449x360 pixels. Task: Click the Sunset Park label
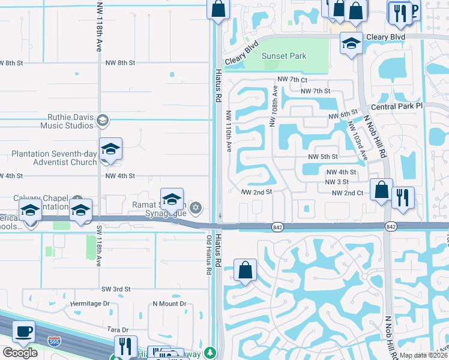click(285, 56)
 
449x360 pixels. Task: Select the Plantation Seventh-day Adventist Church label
click(54, 158)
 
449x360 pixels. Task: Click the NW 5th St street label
click(323, 157)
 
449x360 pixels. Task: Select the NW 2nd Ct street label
click(348, 193)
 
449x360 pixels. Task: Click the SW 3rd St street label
click(116, 289)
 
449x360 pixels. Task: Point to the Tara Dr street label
click(117, 330)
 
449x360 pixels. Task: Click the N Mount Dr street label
click(170, 304)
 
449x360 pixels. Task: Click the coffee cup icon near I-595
click(23, 332)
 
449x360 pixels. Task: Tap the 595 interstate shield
click(53, 341)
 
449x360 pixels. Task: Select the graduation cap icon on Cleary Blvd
click(351, 43)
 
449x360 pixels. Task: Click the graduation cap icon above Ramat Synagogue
click(172, 199)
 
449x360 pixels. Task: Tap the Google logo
click(20, 352)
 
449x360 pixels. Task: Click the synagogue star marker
click(195, 208)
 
